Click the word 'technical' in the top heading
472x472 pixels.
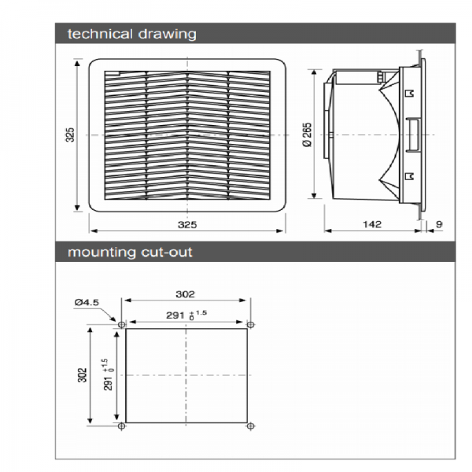click(100, 34)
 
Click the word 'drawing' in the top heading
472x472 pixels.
click(168, 35)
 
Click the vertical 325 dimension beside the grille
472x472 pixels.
click(70, 135)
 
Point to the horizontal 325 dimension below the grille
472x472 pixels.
click(187, 224)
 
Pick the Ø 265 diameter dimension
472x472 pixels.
click(308, 135)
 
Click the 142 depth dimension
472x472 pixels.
click(372, 224)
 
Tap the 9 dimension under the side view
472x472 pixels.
click(440, 224)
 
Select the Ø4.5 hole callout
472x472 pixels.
click(87, 302)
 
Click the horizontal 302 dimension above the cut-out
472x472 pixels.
click(185, 294)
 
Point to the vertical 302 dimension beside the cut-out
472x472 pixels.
click(82, 375)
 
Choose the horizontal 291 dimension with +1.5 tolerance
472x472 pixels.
click(186, 315)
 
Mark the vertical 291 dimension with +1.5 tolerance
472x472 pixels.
click(109, 374)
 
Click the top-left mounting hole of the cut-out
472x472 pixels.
click(122, 325)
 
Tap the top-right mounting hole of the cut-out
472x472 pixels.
click(250, 324)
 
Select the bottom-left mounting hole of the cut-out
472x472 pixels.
click(122, 426)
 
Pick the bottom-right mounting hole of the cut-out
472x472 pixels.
click(250, 426)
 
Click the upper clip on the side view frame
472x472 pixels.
click(410, 94)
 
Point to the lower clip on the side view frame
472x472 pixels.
click(410, 176)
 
